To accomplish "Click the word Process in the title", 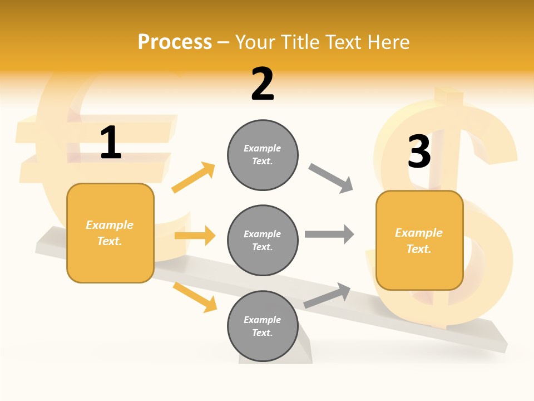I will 175,42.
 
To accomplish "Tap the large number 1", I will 111,143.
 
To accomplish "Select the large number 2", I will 263,84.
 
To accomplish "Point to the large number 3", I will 419,151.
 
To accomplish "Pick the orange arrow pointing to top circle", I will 193,178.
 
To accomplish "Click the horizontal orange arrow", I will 195,236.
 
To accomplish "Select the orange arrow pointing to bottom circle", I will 195,297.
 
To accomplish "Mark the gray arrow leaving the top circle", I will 331,178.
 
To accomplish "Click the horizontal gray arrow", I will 329,234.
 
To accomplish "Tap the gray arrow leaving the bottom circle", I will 327,296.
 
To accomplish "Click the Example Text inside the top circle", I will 263,155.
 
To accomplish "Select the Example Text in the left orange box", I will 110,233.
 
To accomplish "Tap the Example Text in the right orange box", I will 419,241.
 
